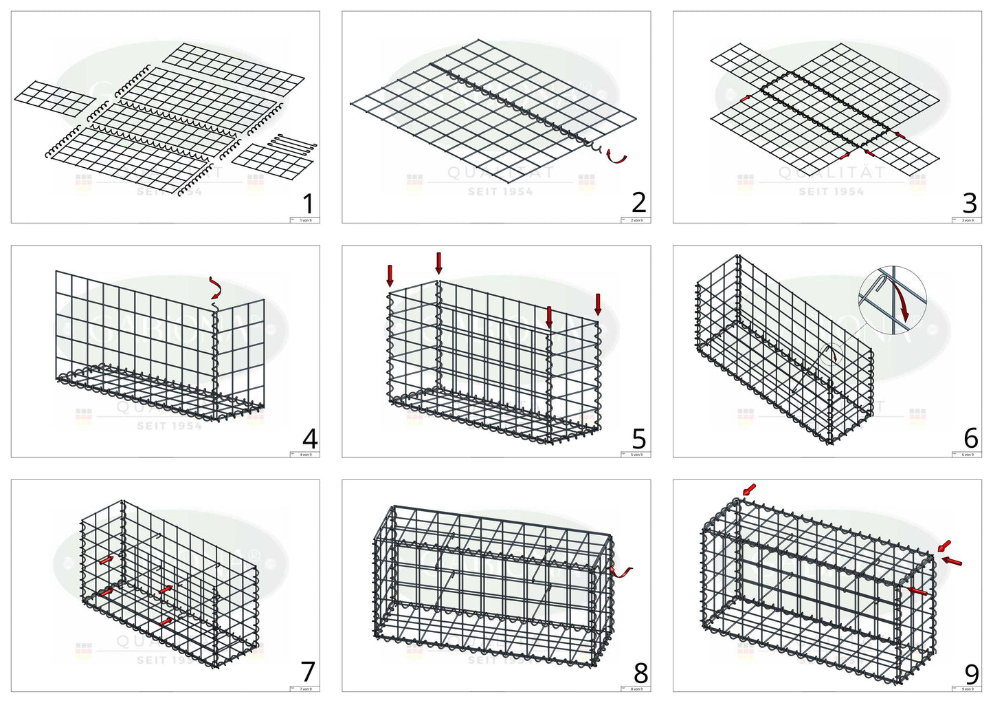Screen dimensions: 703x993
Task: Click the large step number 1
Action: pos(308,204)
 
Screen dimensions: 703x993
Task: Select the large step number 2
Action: pos(639,202)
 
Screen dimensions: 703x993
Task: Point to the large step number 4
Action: pos(310,438)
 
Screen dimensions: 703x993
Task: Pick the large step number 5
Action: pos(639,438)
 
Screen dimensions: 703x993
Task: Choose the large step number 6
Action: pos(970,437)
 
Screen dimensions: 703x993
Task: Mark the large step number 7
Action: pos(309,671)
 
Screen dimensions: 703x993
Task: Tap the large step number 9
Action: pos(971,673)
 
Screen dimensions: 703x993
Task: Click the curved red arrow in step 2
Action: pos(617,158)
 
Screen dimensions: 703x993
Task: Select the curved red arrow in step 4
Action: pos(216,288)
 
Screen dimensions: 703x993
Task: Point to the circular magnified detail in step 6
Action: pos(892,301)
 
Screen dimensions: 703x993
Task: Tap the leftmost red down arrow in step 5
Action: pos(390,275)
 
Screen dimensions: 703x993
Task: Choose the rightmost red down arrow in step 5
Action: pos(598,303)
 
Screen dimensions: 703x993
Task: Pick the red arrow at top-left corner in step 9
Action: pos(748,489)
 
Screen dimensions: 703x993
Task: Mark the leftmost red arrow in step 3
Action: pos(745,99)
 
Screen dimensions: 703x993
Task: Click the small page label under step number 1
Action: pos(304,220)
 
